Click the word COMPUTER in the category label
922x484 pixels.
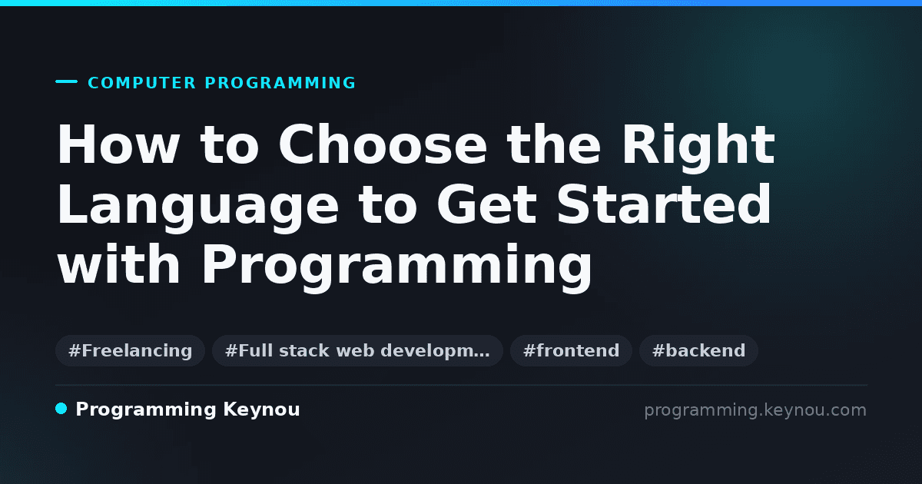[141, 83]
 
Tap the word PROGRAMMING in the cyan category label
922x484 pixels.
[280, 83]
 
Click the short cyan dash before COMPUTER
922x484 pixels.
[66, 81]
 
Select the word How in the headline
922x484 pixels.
[118, 144]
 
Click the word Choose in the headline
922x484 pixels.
[383, 144]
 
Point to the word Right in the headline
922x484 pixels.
[698, 148]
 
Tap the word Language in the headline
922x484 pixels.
[197, 207]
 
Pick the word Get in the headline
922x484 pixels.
[486, 204]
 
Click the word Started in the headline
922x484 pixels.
[664, 204]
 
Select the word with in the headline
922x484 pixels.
[118, 264]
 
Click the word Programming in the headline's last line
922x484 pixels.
[396, 267]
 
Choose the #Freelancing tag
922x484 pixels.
[130, 350]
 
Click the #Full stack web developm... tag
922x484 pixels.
[357, 350]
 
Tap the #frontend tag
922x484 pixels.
[571, 350]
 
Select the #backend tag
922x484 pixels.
[698, 350]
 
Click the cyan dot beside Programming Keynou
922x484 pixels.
[61, 409]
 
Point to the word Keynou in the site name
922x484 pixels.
[261, 410]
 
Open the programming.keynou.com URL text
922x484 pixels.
[755, 410]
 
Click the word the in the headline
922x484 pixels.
[554, 144]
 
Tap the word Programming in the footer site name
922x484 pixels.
[146, 410]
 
